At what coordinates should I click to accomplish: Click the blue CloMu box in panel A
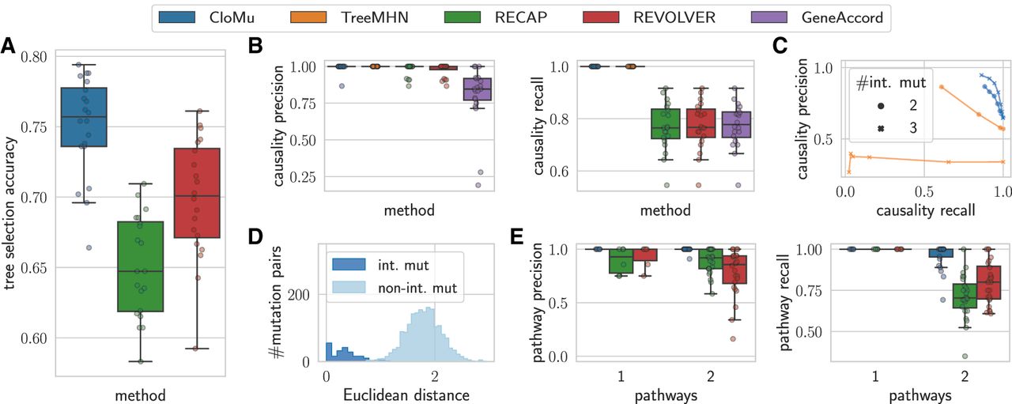pyautogui.click(x=84, y=117)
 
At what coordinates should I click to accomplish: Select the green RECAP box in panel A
pyautogui.click(x=139, y=266)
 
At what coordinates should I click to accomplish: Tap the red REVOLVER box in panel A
pyautogui.click(x=197, y=193)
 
